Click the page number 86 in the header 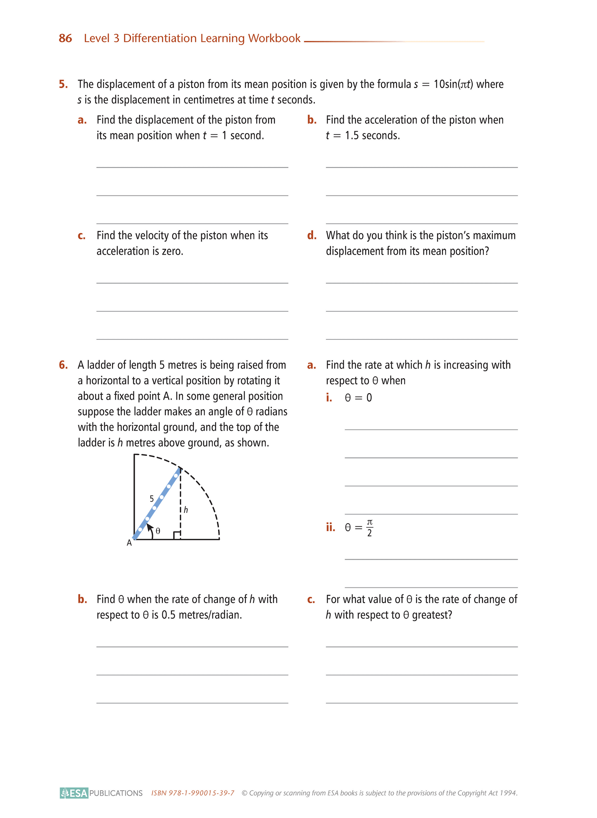pyautogui.click(x=65, y=38)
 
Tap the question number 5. pyautogui.click(x=63, y=84)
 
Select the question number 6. pyautogui.click(x=63, y=365)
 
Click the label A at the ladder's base pyautogui.click(x=129, y=543)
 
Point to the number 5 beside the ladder pyautogui.click(x=152, y=498)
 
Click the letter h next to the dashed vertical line pyautogui.click(x=186, y=510)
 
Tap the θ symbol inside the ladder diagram pyautogui.click(x=158, y=531)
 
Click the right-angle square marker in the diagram pyautogui.click(x=177, y=536)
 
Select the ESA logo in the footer pyautogui.click(x=74, y=793)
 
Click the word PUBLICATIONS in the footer pyautogui.click(x=116, y=793)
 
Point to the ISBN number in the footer pyautogui.click(x=193, y=793)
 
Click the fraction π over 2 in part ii pyautogui.click(x=369, y=528)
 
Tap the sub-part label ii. pyautogui.click(x=331, y=528)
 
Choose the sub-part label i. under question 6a pyautogui.click(x=329, y=398)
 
